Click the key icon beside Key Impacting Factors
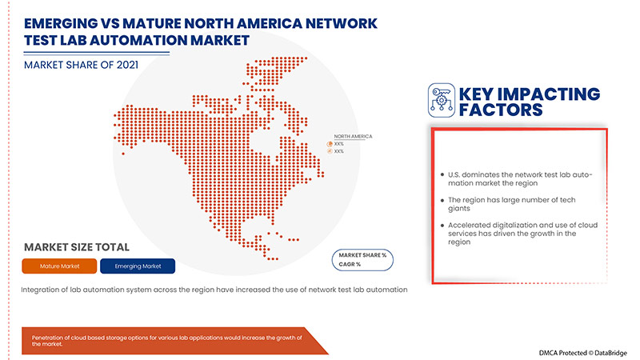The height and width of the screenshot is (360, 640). point(442,100)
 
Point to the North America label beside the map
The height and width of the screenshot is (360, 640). point(353,136)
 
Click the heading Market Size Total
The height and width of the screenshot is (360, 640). point(77,247)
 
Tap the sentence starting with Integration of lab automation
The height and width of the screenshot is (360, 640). point(214,289)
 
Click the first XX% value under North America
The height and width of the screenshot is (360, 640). point(339,144)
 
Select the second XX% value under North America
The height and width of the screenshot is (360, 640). point(339,151)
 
